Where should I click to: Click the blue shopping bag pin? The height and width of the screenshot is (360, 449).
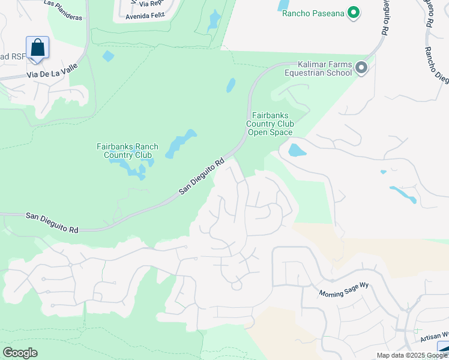click(37, 47)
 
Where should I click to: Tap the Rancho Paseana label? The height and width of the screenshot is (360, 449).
click(314, 12)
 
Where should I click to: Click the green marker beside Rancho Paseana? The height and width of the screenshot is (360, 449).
click(354, 12)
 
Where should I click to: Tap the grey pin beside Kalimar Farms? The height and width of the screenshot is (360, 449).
click(361, 68)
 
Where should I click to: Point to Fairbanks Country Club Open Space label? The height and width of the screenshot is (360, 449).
click(270, 124)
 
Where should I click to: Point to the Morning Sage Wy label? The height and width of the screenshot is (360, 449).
click(340, 291)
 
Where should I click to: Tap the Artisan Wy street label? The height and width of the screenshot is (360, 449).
click(437, 335)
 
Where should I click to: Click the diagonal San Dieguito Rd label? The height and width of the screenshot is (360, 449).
click(202, 176)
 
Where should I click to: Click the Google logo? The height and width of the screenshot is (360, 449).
click(20, 353)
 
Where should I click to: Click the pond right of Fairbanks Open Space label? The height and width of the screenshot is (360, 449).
click(297, 149)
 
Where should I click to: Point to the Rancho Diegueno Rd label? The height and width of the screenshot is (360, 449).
click(437, 66)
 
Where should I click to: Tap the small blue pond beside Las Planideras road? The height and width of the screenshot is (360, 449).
click(108, 56)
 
